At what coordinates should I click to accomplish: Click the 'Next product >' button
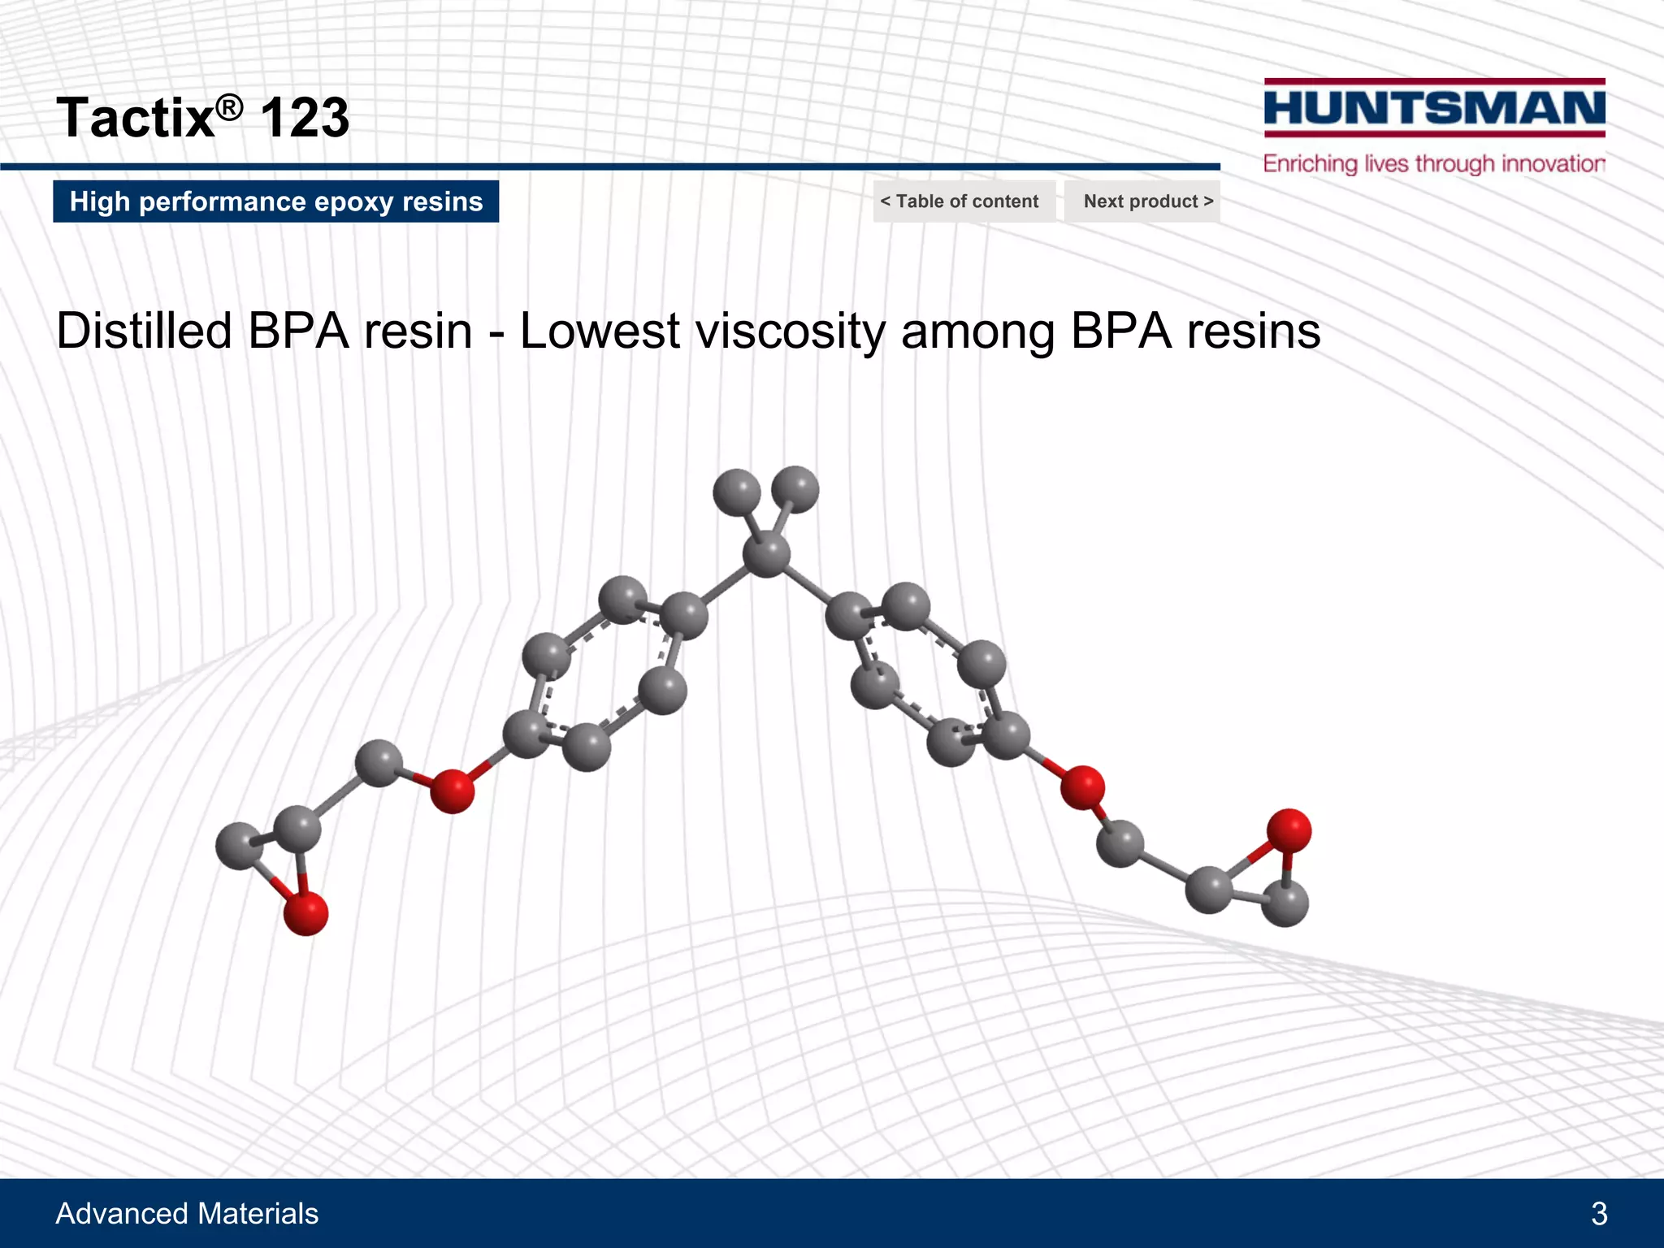pos(1142,201)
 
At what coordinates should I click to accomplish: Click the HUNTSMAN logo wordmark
pos(1434,108)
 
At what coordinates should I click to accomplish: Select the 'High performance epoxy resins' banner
pos(276,201)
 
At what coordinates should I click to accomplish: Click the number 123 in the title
pos(305,118)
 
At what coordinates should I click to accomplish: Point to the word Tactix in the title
pos(135,118)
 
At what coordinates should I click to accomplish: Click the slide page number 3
pos(1599,1214)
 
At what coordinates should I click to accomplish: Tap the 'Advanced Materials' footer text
pos(187,1214)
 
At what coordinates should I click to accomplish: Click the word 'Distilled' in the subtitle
pos(144,331)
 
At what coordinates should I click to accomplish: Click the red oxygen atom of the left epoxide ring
pos(305,912)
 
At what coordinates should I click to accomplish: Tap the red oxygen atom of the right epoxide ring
pos(1289,830)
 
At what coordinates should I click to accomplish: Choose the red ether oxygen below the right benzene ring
pos(1082,786)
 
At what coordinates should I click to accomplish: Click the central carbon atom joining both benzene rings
pos(766,554)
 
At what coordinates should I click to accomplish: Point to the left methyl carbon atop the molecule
pos(736,492)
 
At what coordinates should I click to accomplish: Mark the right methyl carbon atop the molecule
pos(795,489)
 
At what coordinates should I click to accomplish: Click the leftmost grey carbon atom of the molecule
pos(238,846)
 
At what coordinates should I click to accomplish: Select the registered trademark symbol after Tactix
pos(230,106)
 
